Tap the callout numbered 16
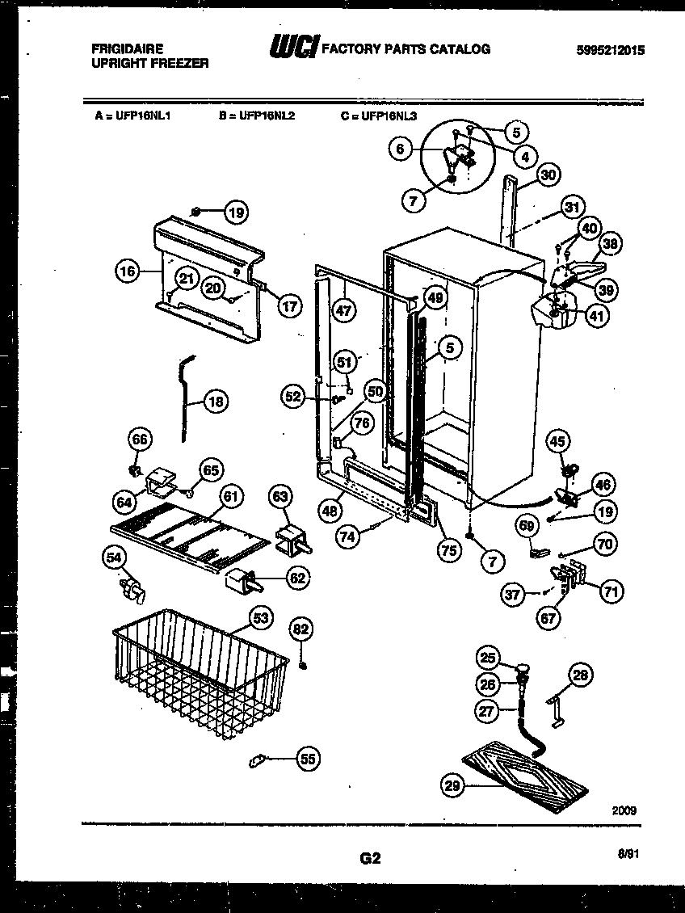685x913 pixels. [x=127, y=271]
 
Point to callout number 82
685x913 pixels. [x=300, y=629]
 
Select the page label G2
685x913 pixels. [x=371, y=859]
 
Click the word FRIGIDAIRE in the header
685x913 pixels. [x=128, y=49]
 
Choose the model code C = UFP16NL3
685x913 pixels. [x=379, y=116]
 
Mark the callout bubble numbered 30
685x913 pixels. [x=548, y=175]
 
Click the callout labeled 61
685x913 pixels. [x=231, y=497]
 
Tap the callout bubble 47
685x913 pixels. [x=344, y=309]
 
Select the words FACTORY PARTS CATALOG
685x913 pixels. [x=406, y=49]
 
